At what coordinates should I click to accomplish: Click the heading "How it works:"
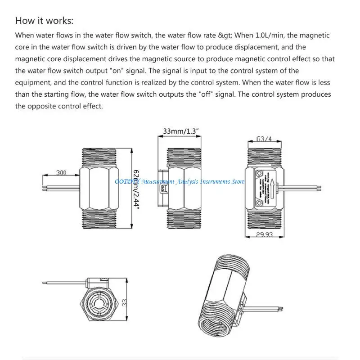(x=44, y=21)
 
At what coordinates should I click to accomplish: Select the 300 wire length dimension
(x=61, y=172)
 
